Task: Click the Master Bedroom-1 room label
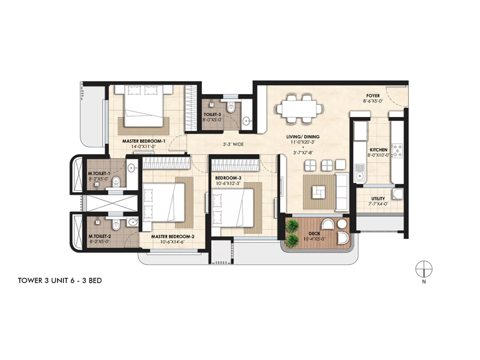click(139, 141)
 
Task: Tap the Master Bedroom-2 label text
click(173, 236)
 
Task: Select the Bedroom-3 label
click(228, 178)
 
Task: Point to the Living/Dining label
click(302, 137)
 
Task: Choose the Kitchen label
click(378, 149)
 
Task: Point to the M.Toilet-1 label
click(99, 172)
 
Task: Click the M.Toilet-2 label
click(99, 236)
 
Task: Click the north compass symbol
click(424, 268)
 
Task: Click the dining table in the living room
click(298, 109)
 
